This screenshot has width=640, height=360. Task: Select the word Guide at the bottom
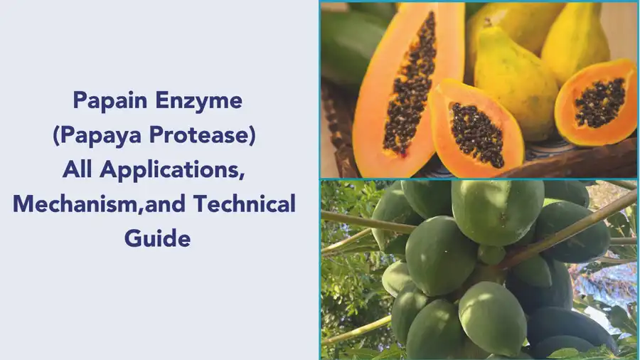click(157, 238)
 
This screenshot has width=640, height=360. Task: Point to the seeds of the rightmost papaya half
click(601, 102)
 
